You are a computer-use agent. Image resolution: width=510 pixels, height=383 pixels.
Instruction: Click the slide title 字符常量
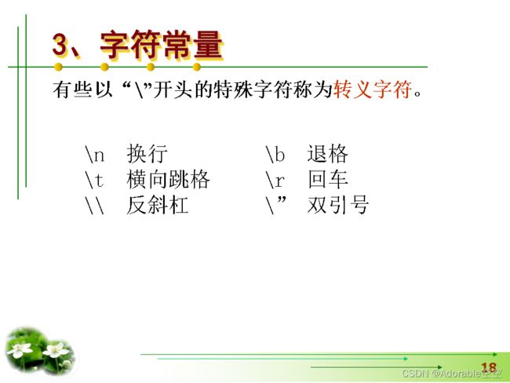(162, 45)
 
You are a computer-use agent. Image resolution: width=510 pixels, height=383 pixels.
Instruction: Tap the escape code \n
(94, 155)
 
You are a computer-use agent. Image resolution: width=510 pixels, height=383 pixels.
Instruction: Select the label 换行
(147, 154)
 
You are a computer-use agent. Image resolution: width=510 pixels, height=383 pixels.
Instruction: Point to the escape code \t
(94, 180)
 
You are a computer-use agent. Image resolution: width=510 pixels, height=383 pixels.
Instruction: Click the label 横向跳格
(168, 179)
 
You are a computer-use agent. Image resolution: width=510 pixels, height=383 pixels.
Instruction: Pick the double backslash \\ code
(95, 206)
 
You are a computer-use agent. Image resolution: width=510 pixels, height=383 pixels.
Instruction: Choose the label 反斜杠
(158, 205)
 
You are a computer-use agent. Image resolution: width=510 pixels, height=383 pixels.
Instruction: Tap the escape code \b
(275, 154)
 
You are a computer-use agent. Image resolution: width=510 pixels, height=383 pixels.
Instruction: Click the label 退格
(327, 154)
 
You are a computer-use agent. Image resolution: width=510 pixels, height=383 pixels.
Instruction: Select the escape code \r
(275, 180)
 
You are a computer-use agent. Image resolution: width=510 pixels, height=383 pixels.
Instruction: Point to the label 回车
(327, 179)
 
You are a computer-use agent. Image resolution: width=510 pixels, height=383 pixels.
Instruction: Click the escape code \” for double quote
(276, 205)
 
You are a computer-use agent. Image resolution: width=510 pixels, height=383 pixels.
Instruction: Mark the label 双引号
(338, 205)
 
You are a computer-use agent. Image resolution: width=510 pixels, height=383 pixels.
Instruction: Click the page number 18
(489, 367)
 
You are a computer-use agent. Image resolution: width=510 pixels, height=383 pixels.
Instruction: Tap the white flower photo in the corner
(41, 351)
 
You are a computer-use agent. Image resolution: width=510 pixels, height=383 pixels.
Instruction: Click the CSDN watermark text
(452, 374)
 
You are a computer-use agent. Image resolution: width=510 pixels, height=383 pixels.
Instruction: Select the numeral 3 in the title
(60, 45)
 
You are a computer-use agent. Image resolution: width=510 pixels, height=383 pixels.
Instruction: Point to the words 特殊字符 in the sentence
(253, 89)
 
